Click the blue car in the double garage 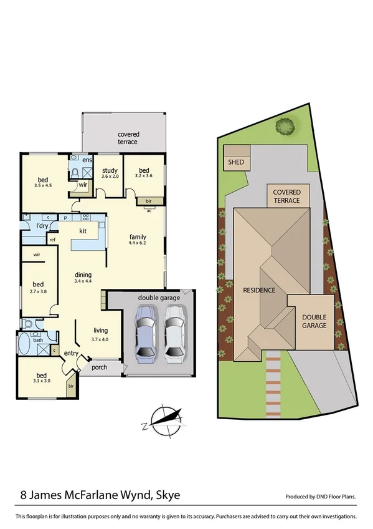tap(145, 337)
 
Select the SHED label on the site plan tap(236, 163)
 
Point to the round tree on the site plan tap(285, 127)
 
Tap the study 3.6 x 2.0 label tap(110, 173)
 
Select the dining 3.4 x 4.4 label tap(83, 278)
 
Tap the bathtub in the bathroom tap(24, 344)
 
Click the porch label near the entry tap(98, 367)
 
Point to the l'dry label tap(42, 225)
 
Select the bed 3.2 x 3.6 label tap(144, 173)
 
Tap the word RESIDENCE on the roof tap(259, 290)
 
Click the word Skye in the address tap(166, 495)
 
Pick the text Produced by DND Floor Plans tap(321, 497)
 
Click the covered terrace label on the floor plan tap(129, 138)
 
